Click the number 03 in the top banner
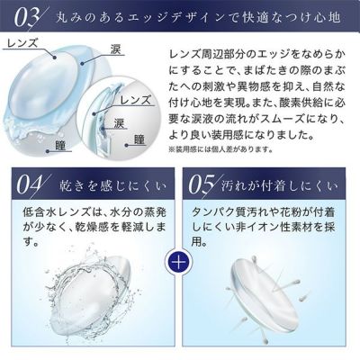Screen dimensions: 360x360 point(26,18)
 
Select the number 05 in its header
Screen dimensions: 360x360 point(201,185)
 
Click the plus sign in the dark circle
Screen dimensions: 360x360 point(179,263)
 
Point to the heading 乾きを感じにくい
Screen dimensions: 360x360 point(112,186)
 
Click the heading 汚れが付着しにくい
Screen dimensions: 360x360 point(280,186)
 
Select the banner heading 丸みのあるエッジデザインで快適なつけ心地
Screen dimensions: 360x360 point(199,18)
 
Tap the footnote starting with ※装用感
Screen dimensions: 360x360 point(220,149)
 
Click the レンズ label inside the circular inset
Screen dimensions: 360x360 point(136,100)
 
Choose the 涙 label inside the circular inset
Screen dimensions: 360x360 point(119,123)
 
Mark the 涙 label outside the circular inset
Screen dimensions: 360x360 point(116,49)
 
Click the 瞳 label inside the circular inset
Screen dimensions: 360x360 point(139,139)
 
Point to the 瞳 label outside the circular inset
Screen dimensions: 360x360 point(60,146)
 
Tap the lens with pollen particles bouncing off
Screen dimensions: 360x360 point(264,290)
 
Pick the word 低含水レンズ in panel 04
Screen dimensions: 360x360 point(57,212)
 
